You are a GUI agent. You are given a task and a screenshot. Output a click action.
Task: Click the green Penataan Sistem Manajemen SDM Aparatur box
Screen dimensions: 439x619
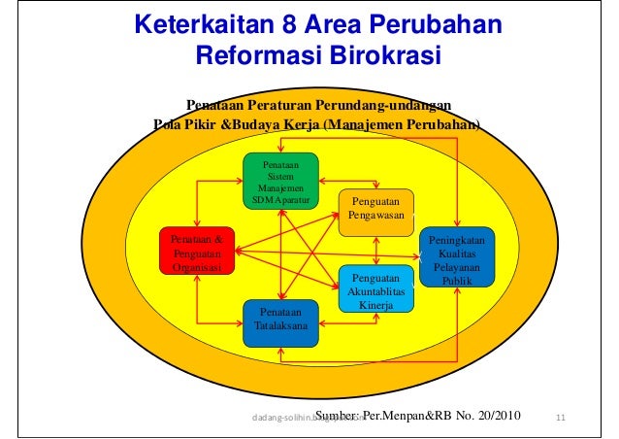coord(279,182)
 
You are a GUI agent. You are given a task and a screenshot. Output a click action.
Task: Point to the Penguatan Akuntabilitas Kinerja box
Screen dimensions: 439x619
coord(375,288)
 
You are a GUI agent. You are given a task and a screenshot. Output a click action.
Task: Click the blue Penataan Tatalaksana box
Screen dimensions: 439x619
coord(279,320)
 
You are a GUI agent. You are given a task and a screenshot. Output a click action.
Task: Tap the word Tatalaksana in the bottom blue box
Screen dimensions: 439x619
coord(279,326)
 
